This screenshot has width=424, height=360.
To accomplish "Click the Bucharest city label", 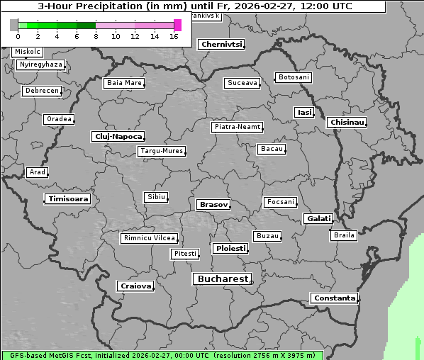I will tap(223, 279).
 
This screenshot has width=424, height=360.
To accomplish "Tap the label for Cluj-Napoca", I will tap(118, 136).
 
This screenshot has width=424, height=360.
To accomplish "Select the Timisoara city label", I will tap(68, 199).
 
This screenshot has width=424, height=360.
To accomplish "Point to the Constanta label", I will tap(334, 298).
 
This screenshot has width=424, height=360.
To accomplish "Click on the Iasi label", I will tap(304, 113).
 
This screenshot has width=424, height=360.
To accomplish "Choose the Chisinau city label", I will tap(347, 123).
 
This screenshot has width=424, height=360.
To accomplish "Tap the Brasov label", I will tap(213, 205).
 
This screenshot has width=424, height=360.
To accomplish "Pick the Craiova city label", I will tap(135, 286).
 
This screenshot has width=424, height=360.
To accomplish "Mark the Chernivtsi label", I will tap(222, 45).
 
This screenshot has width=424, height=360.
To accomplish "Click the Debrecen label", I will tap(40, 91).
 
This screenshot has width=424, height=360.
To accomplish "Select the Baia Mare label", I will tap(124, 83).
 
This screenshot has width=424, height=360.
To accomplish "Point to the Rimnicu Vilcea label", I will tap(149, 239).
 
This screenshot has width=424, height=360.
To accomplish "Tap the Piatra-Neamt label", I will tap(237, 127).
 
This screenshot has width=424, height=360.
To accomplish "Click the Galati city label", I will tap(318, 219).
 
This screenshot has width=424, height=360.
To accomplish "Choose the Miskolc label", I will tap(28, 52).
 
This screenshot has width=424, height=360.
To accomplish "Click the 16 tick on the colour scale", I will tap(174, 36).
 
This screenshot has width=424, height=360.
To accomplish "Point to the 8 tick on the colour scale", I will tap(96, 36).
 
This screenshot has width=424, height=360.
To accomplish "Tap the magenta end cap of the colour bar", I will tap(177, 25).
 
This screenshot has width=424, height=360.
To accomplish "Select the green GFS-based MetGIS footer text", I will tap(162, 355).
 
